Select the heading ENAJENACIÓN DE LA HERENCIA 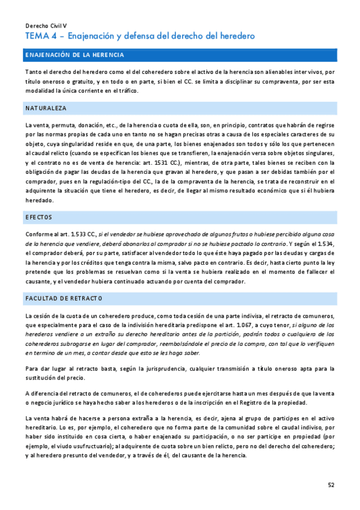[x=75, y=55]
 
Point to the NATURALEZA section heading [x=46, y=108]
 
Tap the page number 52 [x=331, y=485]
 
